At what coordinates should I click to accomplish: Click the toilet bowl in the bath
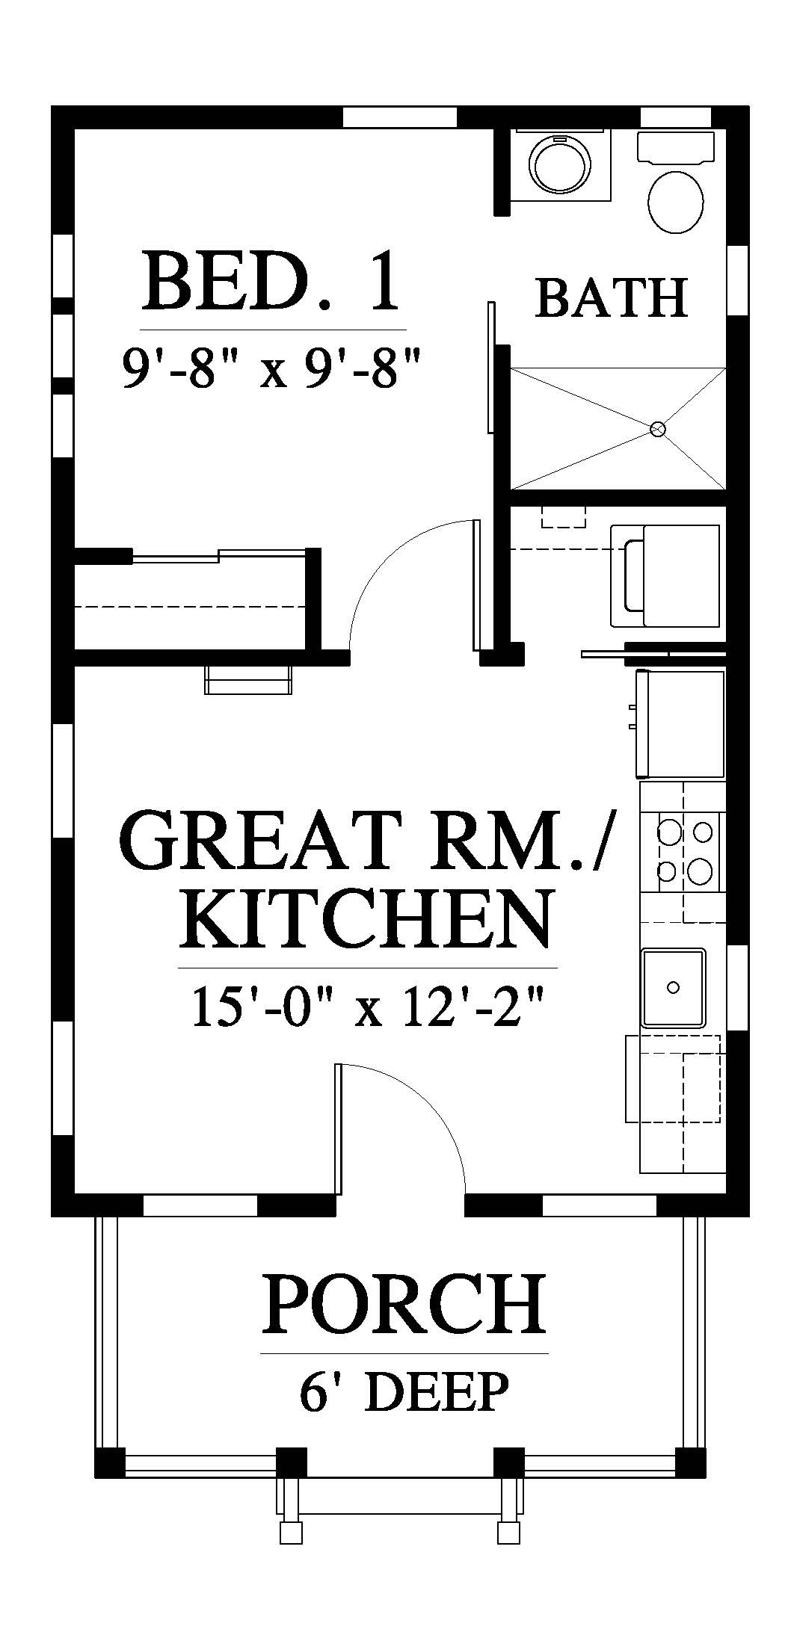click(x=676, y=203)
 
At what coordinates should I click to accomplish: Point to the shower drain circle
click(x=658, y=429)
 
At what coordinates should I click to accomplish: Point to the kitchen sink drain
click(x=673, y=987)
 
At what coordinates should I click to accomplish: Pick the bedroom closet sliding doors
click(x=219, y=554)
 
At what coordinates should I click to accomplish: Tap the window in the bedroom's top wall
click(x=400, y=117)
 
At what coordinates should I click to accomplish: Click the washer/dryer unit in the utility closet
click(x=665, y=575)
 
